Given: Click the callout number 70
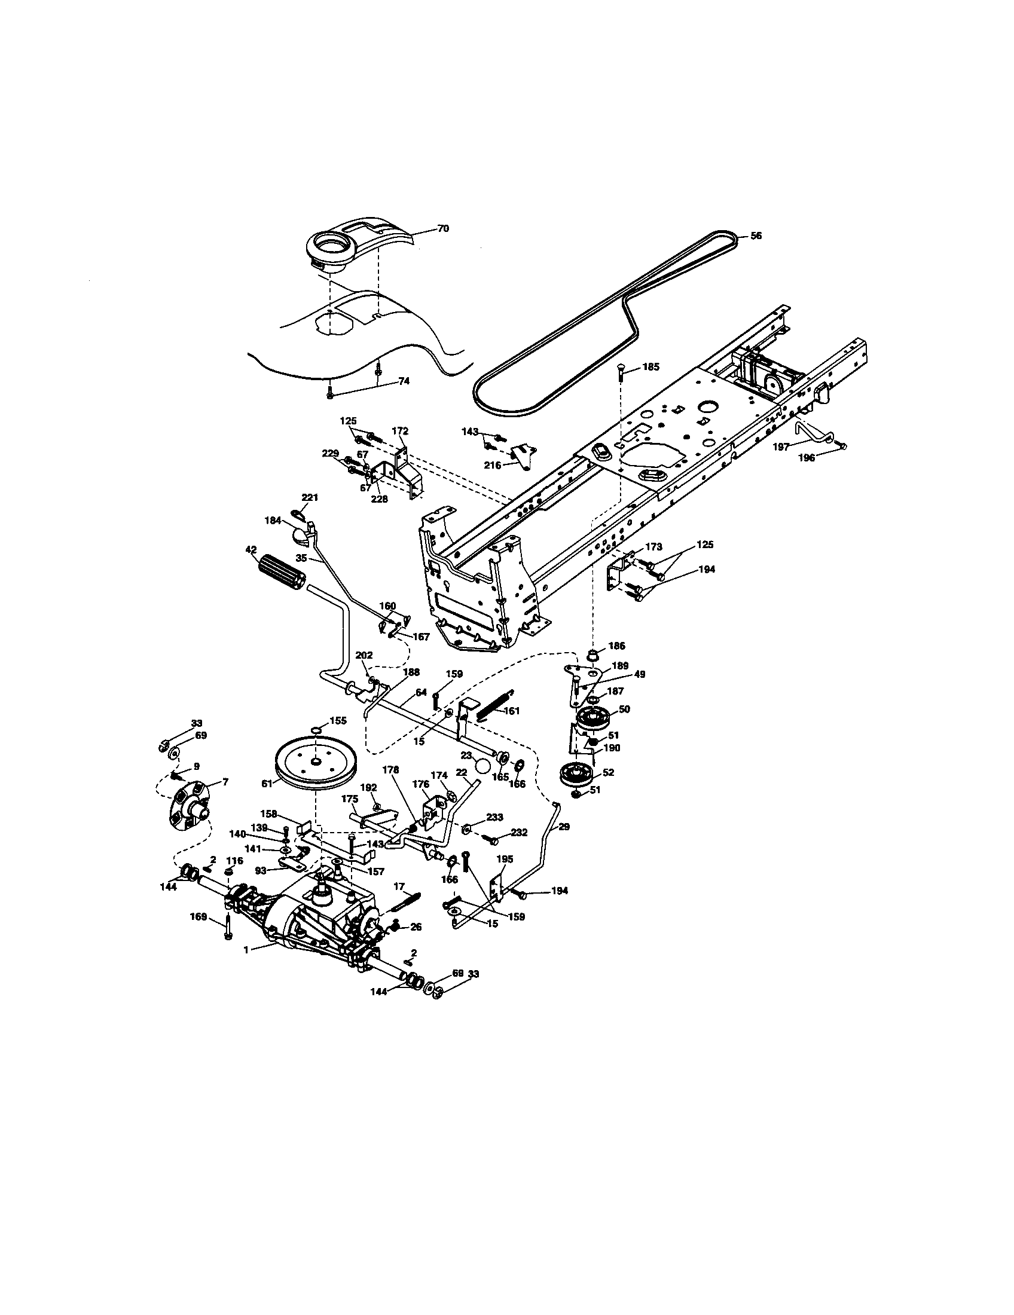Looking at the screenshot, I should [x=442, y=229].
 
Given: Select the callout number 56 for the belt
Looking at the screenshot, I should [x=756, y=236].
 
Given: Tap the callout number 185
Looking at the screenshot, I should [x=650, y=366].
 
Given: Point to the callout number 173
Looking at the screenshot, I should [x=653, y=547].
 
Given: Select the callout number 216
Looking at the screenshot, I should [x=493, y=466].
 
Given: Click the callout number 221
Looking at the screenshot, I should [x=310, y=497].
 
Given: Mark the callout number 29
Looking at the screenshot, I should [x=564, y=827].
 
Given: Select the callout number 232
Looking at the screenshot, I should [x=519, y=833].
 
